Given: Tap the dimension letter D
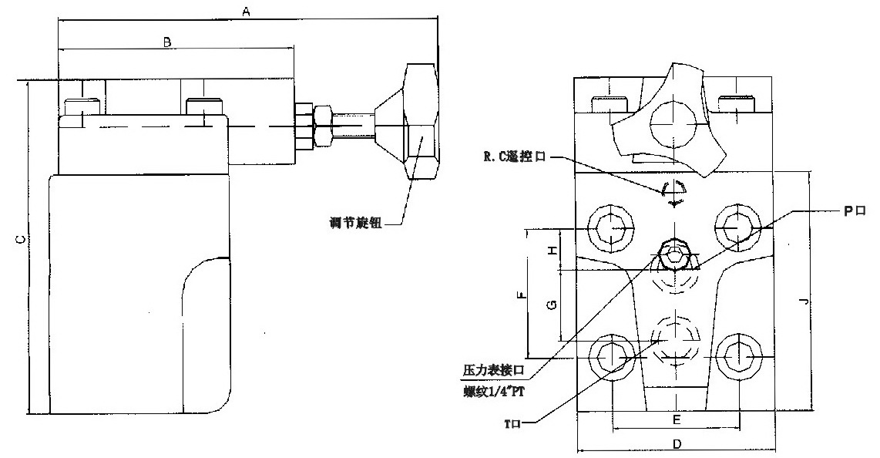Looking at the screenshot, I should pyautogui.click(x=675, y=444).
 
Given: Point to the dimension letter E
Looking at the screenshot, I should pyautogui.click(x=675, y=419).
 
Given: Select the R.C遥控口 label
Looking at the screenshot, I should pyautogui.click(x=514, y=157).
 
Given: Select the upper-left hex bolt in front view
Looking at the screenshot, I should pyautogui.click(x=611, y=228).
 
